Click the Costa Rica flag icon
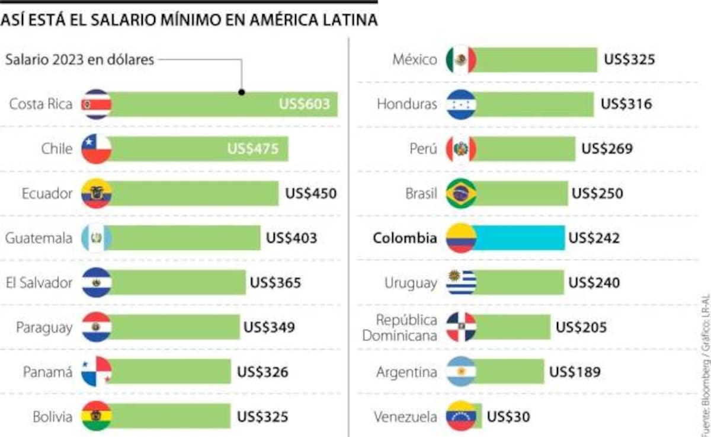(97, 104)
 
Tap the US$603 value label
(305, 104)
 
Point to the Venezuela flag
(461, 416)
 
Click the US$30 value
(508, 417)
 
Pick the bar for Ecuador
(194, 193)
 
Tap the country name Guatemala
(39, 238)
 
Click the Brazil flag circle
(461, 193)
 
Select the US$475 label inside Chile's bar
(253, 149)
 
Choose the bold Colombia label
(405, 238)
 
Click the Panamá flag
(97, 372)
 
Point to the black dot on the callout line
(242, 92)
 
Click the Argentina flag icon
(461, 372)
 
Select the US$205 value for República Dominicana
(581, 327)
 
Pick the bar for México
(536, 60)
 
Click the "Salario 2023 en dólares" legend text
(79, 60)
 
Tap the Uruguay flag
(461, 283)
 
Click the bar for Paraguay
(175, 327)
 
